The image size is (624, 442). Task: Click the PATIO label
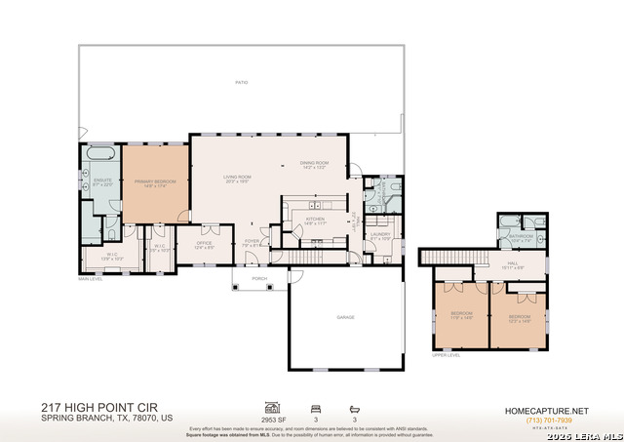pos(241,83)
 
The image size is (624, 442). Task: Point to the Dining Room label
pos(313,165)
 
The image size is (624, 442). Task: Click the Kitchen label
pos(315,221)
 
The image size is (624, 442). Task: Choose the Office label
pos(204,244)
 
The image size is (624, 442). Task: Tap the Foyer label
pos(252,243)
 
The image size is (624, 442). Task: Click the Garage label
pos(345,317)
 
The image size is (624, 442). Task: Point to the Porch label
pos(259,278)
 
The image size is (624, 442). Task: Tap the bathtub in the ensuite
pos(100,155)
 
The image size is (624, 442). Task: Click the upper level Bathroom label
pos(519,237)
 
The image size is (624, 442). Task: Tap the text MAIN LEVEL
pos(91,279)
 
